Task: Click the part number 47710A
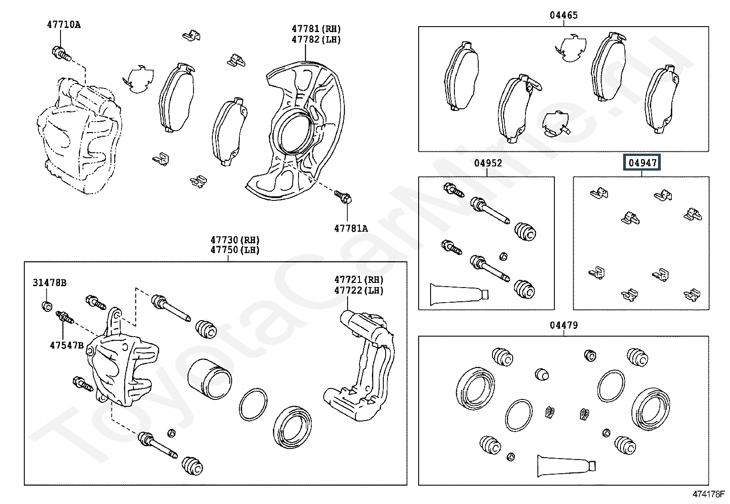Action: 64,25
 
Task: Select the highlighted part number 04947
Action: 642,162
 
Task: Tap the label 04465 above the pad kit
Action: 564,15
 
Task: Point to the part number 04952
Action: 488,163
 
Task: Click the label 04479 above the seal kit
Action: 564,325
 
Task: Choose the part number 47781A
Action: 351,228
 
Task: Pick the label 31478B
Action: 50,282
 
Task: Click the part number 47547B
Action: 67,345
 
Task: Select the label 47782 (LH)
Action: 316,40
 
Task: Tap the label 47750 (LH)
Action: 235,250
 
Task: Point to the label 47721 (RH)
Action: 359,280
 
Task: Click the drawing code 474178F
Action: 708,494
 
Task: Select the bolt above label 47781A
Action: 343,197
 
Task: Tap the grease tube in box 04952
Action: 459,294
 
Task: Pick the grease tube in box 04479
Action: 566,465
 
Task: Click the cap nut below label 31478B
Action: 47,306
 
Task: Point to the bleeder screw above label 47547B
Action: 65,317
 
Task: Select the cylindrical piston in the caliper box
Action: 210,379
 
